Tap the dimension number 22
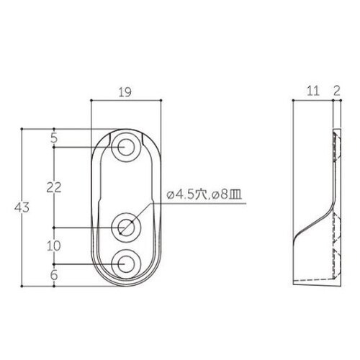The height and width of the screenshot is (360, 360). tap(53, 187)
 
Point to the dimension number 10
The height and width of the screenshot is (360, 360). tap(53, 246)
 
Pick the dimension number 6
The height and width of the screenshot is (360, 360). tap(54, 274)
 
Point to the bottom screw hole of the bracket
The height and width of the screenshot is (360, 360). tap(126, 264)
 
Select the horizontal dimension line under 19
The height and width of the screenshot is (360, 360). tap(126, 103)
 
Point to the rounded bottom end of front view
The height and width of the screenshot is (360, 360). tap(126, 283)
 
